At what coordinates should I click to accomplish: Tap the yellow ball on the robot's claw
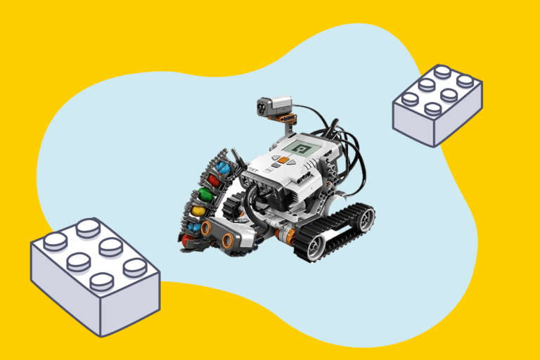(x=199, y=210)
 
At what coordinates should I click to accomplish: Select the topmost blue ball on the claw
(x=222, y=169)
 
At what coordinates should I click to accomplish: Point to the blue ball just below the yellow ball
(x=194, y=226)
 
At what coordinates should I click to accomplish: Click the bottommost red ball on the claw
(x=188, y=240)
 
